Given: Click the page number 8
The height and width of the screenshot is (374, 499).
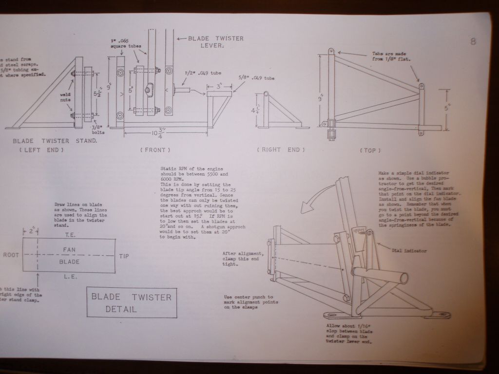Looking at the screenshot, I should [473, 41].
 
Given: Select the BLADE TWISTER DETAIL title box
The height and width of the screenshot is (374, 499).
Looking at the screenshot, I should [132, 302].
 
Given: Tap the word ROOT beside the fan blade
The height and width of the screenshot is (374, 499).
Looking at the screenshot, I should [11, 255].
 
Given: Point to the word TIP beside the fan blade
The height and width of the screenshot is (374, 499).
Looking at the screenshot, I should [124, 256].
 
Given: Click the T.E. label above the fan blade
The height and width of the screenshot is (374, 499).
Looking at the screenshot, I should [69, 235].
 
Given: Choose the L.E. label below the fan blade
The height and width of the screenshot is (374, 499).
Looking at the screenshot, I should [69, 277].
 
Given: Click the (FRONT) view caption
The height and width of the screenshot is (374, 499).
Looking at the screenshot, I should [155, 150].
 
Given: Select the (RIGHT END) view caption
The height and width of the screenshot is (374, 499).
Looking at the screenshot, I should [281, 150].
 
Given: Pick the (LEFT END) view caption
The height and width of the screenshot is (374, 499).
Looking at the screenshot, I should [41, 150].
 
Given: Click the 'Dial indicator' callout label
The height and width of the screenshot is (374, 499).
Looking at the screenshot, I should [409, 251].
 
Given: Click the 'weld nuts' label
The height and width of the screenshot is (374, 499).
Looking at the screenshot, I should [66, 97].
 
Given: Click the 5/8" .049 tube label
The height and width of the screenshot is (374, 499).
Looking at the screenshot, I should [257, 77].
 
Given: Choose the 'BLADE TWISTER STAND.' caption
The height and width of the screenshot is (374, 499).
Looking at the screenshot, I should [55, 141].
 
